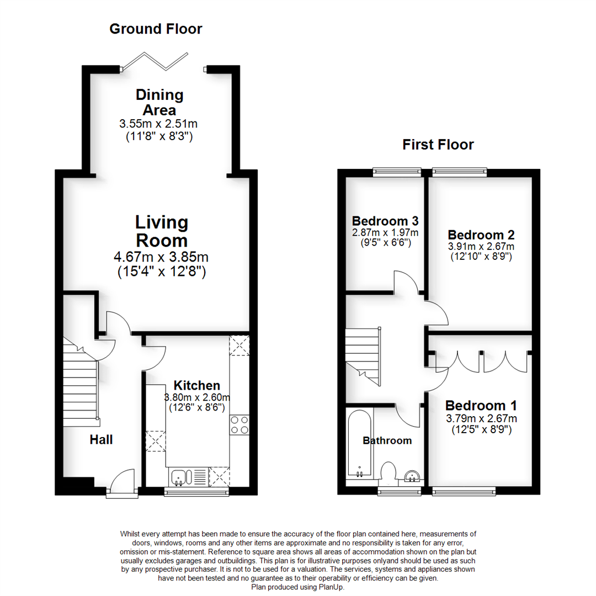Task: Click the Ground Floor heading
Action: click(x=156, y=29)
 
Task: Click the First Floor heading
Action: click(x=438, y=145)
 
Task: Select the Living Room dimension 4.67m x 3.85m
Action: click(x=161, y=257)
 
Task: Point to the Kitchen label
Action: click(x=197, y=385)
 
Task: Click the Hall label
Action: click(x=101, y=440)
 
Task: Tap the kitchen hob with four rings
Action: click(x=240, y=423)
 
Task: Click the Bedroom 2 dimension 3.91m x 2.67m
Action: click(x=481, y=246)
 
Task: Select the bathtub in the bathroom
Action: click(x=359, y=445)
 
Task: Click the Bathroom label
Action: click(x=387, y=440)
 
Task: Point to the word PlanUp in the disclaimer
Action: click(x=329, y=588)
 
